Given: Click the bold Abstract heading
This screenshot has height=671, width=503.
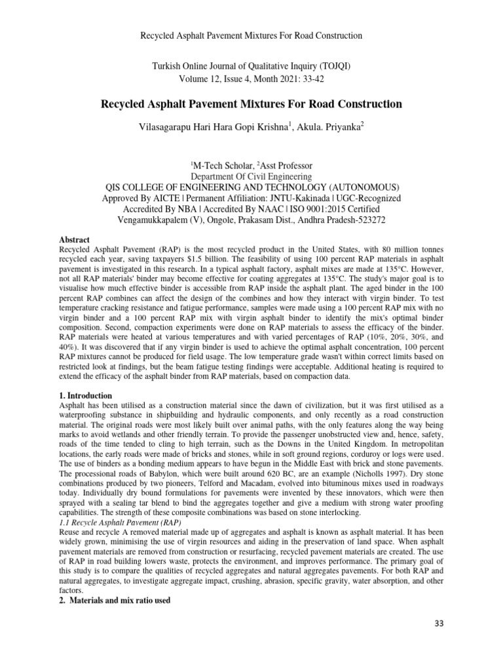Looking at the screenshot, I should pos(74,240).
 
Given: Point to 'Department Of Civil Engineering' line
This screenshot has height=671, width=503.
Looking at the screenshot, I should pos(251,176).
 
